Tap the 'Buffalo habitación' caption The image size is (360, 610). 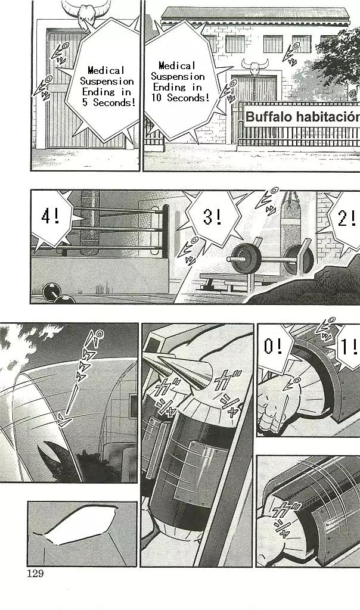(302, 117)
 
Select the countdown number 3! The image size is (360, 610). (213, 216)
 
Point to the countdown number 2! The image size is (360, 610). (347, 219)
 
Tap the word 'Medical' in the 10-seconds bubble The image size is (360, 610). (177, 66)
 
